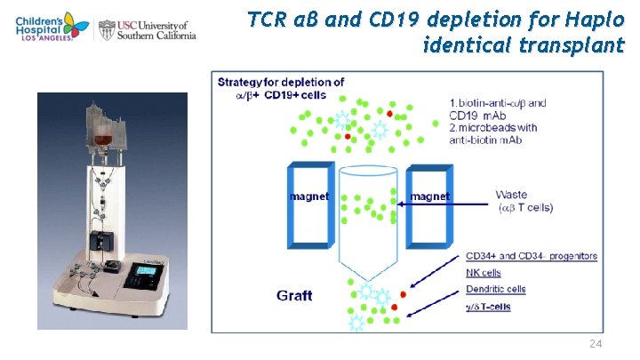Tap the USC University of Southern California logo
point(147,29)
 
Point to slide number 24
point(597,344)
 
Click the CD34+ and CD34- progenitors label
point(531,256)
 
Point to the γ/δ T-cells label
point(490,306)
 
